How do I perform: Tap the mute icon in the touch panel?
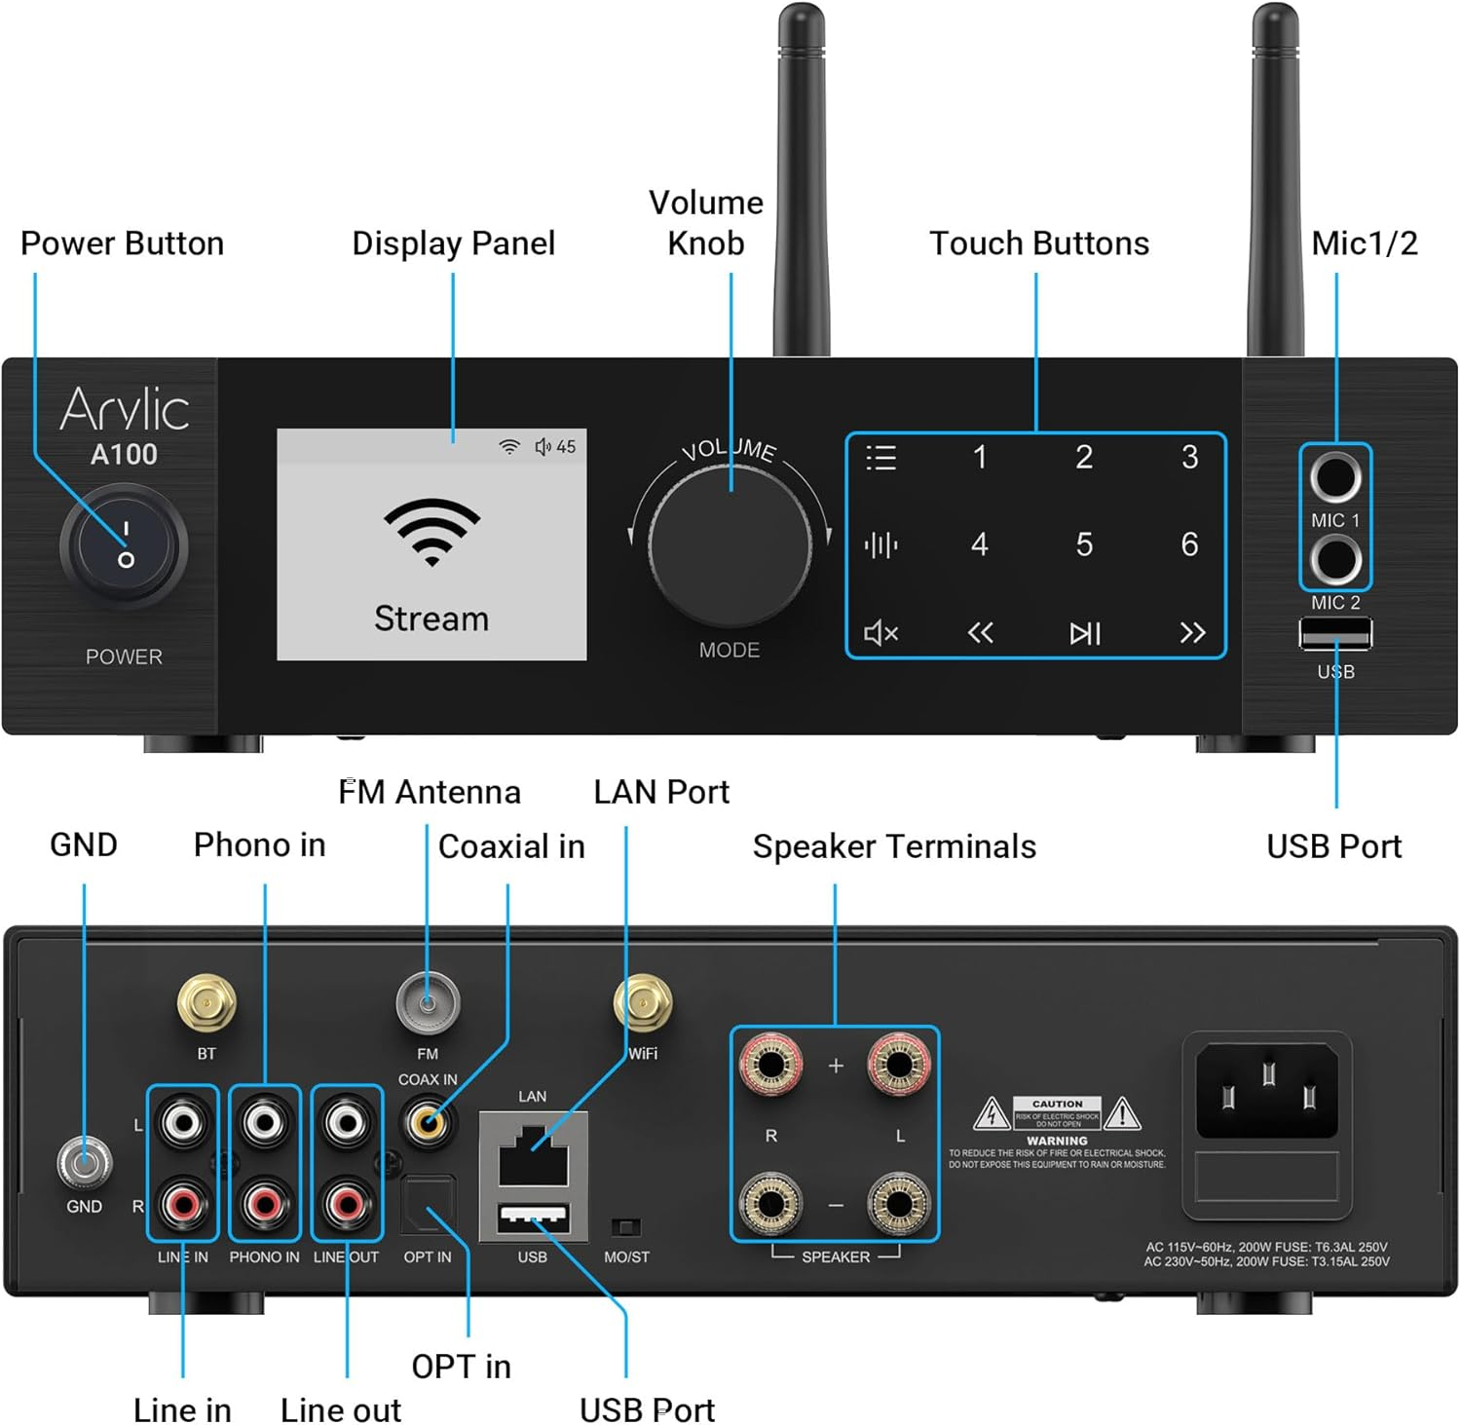click(x=880, y=633)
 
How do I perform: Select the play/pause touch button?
click(x=1084, y=633)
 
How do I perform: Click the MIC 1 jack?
click(x=1334, y=477)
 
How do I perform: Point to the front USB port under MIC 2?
click(x=1334, y=634)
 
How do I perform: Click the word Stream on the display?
click(x=431, y=619)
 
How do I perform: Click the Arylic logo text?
click(x=125, y=409)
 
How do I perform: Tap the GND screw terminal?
click(x=84, y=1162)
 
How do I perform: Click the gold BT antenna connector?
click(x=206, y=1003)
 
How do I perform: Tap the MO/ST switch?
click(x=625, y=1226)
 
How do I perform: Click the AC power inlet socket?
click(x=1266, y=1091)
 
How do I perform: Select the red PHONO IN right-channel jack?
click(x=265, y=1204)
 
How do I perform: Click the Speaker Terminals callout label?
click(x=893, y=846)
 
